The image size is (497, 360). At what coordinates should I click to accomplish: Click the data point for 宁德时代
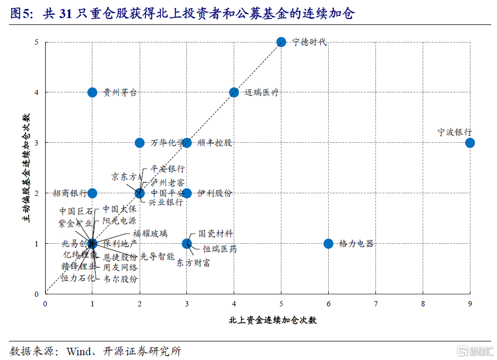[x=281, y=42]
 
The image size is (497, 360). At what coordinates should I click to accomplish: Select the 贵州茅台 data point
[x=92, y=92]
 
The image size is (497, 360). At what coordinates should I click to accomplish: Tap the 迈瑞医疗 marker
[x=234, y=92]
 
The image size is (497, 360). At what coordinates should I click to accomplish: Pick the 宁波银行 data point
[x=470, y=143]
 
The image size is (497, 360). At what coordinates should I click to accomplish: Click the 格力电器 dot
[x=328, y=244]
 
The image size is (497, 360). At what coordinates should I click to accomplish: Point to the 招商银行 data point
[x=92, y=193]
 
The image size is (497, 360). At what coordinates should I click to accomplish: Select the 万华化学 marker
[x=140, y=143]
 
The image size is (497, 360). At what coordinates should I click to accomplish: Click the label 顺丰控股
[x=215, y=143]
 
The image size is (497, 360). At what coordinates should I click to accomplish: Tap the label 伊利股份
[x=215, y=193]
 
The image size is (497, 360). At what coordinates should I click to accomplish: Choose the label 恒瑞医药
[x=220, y=248]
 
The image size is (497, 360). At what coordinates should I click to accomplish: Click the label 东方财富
[x=193, y=263]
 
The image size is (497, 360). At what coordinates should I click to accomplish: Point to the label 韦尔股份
[x=121, y=278]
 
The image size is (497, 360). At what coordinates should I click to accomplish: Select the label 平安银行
[x=168, y=169]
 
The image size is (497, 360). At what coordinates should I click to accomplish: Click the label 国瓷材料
[x=216, y=234]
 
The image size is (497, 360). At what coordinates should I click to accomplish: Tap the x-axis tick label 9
[x=470, y=304]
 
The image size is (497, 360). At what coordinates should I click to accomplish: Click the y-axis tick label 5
[x=36, y=42]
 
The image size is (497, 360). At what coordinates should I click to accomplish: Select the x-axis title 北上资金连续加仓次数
[x=273, y=320]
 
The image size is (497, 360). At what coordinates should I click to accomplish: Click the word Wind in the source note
[x=79, y=351]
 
